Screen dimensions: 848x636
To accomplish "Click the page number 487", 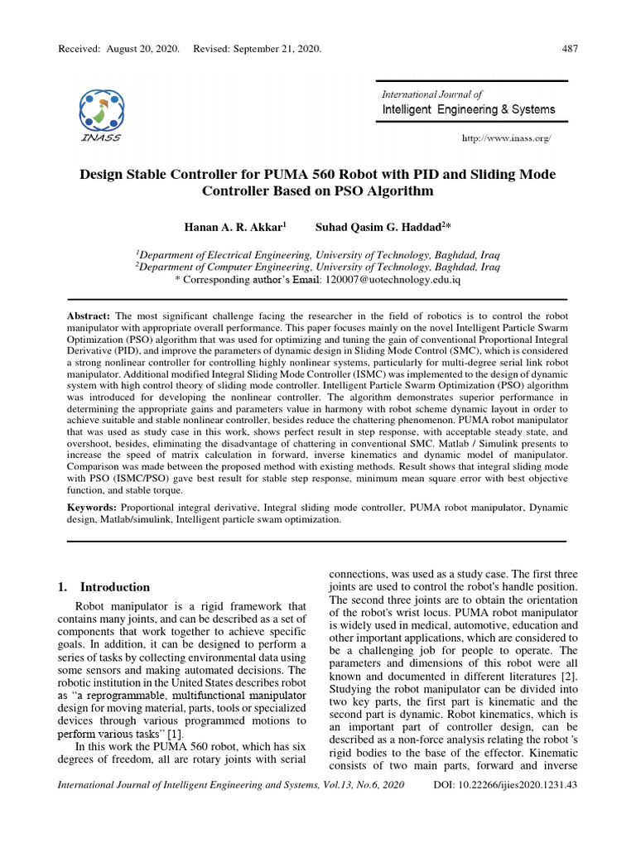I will coord(570,48).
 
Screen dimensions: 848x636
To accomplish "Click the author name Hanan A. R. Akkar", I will coord(234,226).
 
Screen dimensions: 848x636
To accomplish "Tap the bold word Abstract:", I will coord(89,317).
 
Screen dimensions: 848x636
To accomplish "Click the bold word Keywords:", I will coord(92,505).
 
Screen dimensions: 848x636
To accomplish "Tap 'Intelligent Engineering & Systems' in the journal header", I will coord(469,109).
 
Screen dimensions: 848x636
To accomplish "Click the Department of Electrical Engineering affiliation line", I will coord(317,254).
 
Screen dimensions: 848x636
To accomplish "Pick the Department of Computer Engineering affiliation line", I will coord(317,267).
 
